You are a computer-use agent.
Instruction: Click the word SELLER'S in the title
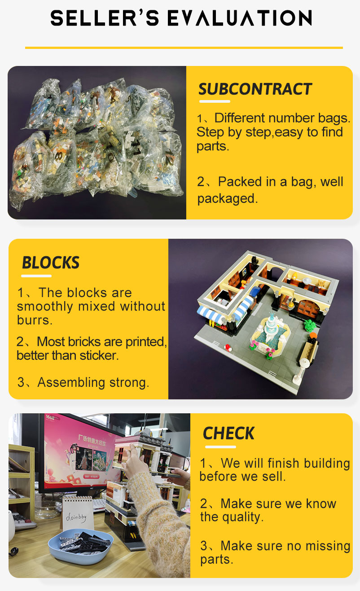pos(105,18)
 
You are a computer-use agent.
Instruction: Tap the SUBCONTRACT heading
pos(255,89)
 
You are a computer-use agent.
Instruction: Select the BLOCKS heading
pos(50,263)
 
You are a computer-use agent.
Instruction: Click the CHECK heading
pos(228,433)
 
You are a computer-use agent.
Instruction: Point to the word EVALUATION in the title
pos(240,18)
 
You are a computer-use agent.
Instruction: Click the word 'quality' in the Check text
pos(242,517)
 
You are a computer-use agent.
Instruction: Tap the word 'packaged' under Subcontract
pos(227,199)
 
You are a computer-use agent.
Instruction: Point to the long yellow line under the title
pos(184,48)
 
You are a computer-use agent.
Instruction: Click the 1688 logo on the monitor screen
pos(50,417)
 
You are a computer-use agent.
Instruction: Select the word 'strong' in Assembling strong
pos(129,383)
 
